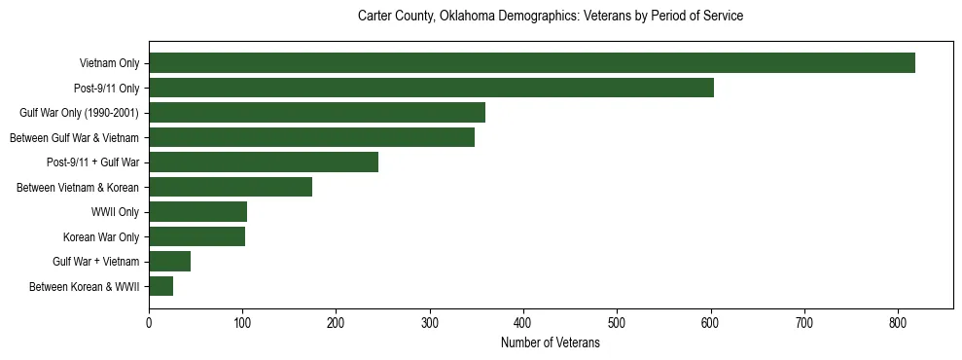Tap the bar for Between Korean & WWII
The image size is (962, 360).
160,286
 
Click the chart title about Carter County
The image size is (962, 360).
551,17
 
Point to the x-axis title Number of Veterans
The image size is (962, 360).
551,343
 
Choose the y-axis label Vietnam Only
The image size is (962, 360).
109,63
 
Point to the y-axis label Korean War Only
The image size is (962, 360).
101,236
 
